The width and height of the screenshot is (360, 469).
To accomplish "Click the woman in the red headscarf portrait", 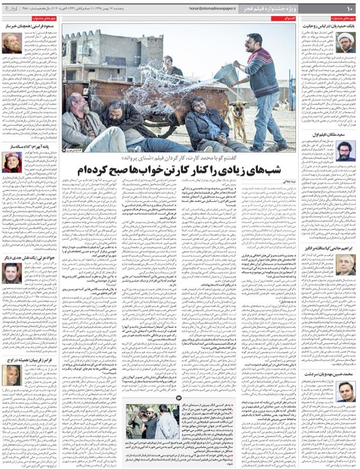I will coord(11,162).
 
